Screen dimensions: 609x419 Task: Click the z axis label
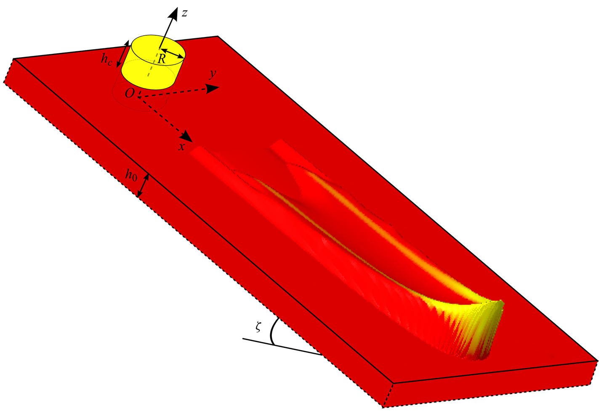point(185,13)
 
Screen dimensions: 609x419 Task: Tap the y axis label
point(213,74)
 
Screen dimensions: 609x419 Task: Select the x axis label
point(181,147)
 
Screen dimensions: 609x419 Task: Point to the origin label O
point(130,93)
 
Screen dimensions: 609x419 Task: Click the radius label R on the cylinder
point(162,59)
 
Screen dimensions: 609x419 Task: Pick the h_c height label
point(106,59)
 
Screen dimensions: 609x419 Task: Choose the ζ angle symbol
point(258,327)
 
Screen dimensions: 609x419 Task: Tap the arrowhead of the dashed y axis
point(213,89)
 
